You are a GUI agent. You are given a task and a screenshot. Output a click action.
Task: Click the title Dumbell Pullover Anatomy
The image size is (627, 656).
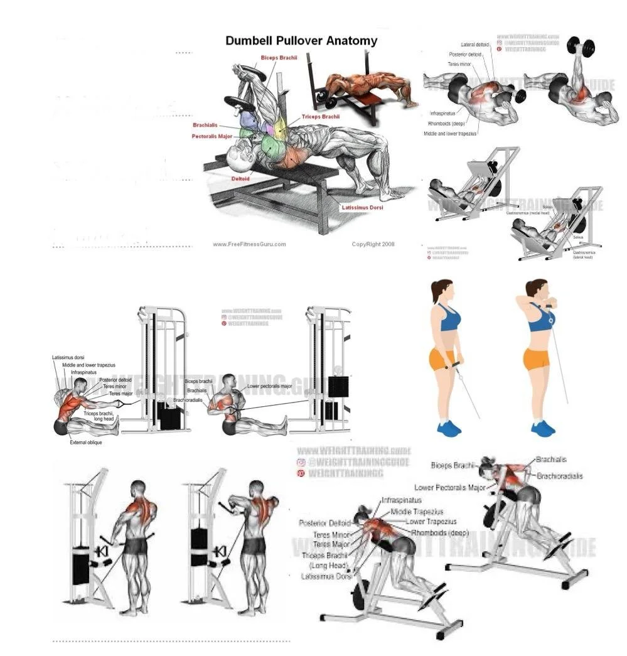(x=301, y=41)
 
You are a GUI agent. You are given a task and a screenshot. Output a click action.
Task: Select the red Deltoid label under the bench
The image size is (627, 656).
(x=240, y=179)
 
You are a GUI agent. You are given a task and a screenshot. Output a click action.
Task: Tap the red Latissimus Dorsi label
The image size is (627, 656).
(x=363, y=208)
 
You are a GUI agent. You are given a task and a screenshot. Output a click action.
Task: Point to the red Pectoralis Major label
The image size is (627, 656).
(x=212, y=136)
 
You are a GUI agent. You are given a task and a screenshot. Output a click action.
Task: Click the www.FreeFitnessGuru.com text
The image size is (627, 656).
(x=249, y=244)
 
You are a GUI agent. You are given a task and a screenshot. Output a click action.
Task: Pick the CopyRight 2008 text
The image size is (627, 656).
(x=373, y=244)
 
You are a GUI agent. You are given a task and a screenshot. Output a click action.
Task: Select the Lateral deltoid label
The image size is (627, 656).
(x=476, y=45)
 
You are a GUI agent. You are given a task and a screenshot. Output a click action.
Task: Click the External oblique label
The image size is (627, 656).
(x=85, y=443)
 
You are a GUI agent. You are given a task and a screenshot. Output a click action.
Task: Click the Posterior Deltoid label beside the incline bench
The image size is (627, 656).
(x=324, y=523)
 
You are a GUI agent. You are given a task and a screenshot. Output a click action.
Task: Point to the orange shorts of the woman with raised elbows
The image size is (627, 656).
(x=536, y=359)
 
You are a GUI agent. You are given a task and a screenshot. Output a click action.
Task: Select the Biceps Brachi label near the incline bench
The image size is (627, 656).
(x=454, y=465)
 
